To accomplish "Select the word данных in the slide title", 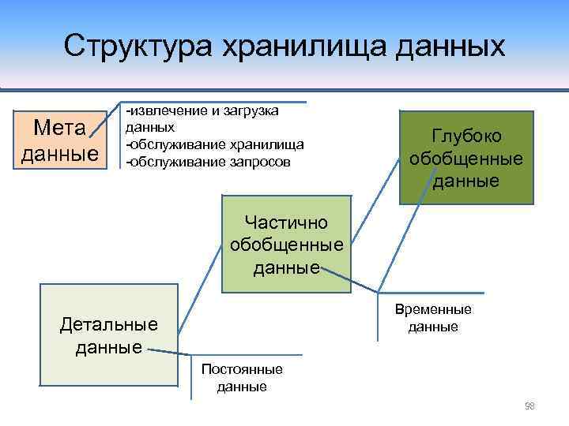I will click(x=442, y=45).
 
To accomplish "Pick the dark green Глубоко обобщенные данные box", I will click(x=465, y=158).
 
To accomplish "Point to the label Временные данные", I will click(x=433, y=318).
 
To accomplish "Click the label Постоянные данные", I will click(x=242, y=378).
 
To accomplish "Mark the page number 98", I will click(x=529, y=405).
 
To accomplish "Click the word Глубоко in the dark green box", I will click(x=466, y=136).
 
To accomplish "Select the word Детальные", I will click(x=109, y=323).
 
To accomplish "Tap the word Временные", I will click(x=433, y=310).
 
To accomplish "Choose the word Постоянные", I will click(x=242, y=370).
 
